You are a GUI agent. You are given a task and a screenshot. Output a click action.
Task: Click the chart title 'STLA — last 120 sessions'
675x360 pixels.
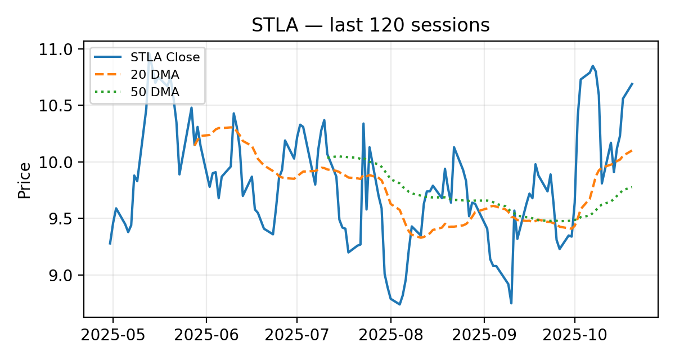(370, 25)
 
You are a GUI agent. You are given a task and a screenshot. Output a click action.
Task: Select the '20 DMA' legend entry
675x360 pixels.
(155, 74)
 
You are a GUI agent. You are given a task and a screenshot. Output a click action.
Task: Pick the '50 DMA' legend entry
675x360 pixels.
(155, 91)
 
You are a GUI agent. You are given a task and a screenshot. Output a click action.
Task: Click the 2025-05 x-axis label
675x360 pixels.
(112, 336)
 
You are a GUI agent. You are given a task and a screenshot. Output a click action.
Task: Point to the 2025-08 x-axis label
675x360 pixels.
(390, 336)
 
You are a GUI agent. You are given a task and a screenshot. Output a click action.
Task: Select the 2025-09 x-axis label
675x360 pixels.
(484, 336)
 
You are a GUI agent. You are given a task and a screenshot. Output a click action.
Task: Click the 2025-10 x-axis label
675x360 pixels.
(574, 336)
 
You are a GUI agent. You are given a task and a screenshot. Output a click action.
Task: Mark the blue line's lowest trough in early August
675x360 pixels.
(399, 304)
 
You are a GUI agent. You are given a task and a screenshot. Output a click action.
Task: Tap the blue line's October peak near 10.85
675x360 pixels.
(592, 66)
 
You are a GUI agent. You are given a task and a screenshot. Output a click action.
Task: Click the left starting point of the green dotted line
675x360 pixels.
(327, 156)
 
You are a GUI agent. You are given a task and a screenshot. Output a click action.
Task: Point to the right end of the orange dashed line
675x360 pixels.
(632, 150)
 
